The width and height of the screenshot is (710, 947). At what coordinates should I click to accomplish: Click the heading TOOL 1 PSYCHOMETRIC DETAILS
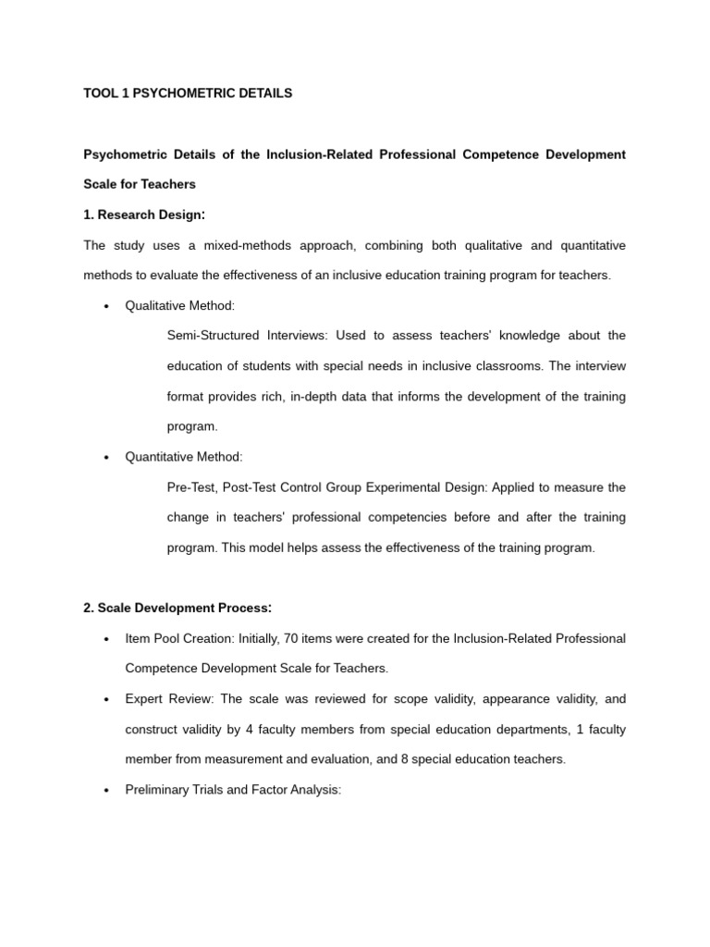(x=188, y=93)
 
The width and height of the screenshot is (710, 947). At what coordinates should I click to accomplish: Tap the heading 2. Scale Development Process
(x=177, y=608)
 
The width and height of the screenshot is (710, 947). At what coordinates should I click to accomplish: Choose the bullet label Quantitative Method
(x=183, y=457)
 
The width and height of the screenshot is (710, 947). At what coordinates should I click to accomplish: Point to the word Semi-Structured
(x=211, y=336)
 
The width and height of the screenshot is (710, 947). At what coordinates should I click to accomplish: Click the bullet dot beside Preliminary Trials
(x=107, y=792)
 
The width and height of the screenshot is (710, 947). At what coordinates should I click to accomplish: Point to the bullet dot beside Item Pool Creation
(x=107, y=639)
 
